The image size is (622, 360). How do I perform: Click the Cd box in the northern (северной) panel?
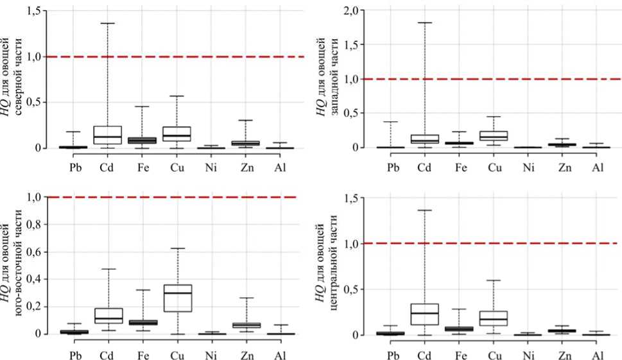click(x=107, y=135)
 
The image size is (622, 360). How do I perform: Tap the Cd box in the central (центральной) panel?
click(x=423, y=314)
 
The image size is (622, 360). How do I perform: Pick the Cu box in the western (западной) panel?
click(x=494, y=135)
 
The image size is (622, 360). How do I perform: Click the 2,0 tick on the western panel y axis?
click(x=353, y=10)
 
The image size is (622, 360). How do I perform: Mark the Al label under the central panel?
click(x=598, y=355)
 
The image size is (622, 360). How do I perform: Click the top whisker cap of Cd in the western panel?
click(x=423, y=22)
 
